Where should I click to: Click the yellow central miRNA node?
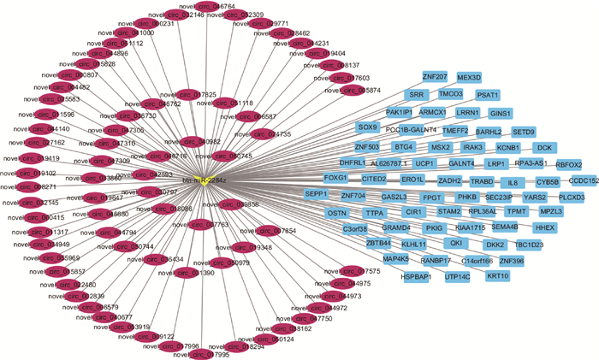click(x=209, y=180)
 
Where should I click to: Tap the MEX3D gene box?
click(x=469, y=78)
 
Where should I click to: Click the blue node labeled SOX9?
click(x=368, y=127)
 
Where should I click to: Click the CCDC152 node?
click(x=584, y=181)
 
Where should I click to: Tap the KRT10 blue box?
click(x=498, y=275)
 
